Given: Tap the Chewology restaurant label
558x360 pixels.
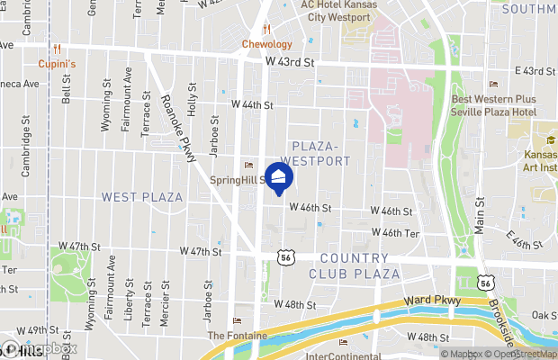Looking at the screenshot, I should tap(267, 44).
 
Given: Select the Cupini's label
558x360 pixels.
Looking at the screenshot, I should tap(56, 64).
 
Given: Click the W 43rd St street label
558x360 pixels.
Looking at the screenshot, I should tap(291, 62).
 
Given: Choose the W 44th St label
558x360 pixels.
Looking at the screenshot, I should tap(252, 105).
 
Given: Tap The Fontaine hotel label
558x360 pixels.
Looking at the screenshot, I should tap(238, 336).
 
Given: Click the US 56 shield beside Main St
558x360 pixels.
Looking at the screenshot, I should tap(485, 283).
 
